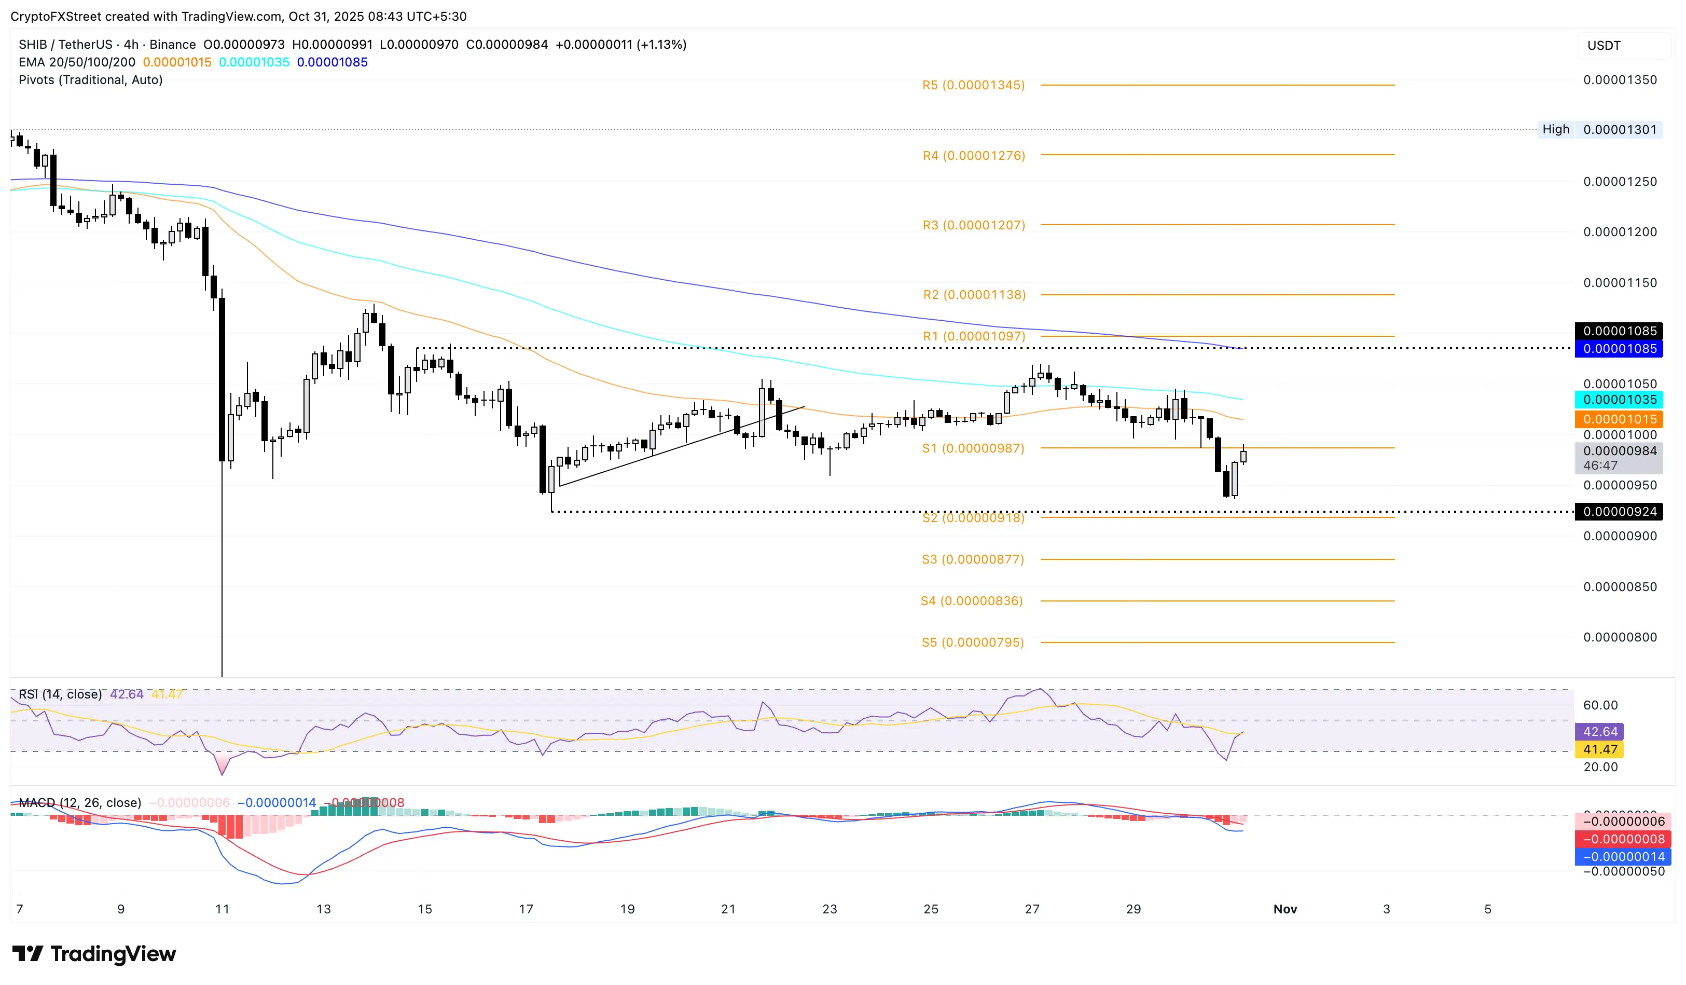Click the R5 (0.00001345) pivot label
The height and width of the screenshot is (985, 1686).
[973, 85]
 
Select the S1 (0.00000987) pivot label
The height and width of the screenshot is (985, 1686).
[973, 448]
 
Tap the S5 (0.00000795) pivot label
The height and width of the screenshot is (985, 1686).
[972, 642]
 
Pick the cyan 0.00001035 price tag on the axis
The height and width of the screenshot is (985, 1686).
[1619, 400]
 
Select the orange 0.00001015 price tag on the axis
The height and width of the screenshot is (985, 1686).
[1619, 419]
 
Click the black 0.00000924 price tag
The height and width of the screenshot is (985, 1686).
[1619, 512]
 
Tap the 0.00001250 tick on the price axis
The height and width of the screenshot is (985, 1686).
[1619, 181]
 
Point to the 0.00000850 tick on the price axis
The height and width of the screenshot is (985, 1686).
[1619, 587]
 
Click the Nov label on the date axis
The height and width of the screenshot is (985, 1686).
[1284, 909]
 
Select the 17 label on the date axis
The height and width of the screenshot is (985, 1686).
[526, 909]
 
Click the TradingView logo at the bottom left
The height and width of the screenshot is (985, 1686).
[94, 953]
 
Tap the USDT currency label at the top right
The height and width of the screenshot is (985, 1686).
[1604, 46]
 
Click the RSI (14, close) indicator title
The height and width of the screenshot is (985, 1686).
[60, 694]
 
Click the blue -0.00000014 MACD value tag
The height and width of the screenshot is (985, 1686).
[1622, 856]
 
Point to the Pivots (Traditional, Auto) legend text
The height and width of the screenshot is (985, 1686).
[90, 79]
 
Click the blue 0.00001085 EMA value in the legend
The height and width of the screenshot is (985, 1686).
[332, 62]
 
